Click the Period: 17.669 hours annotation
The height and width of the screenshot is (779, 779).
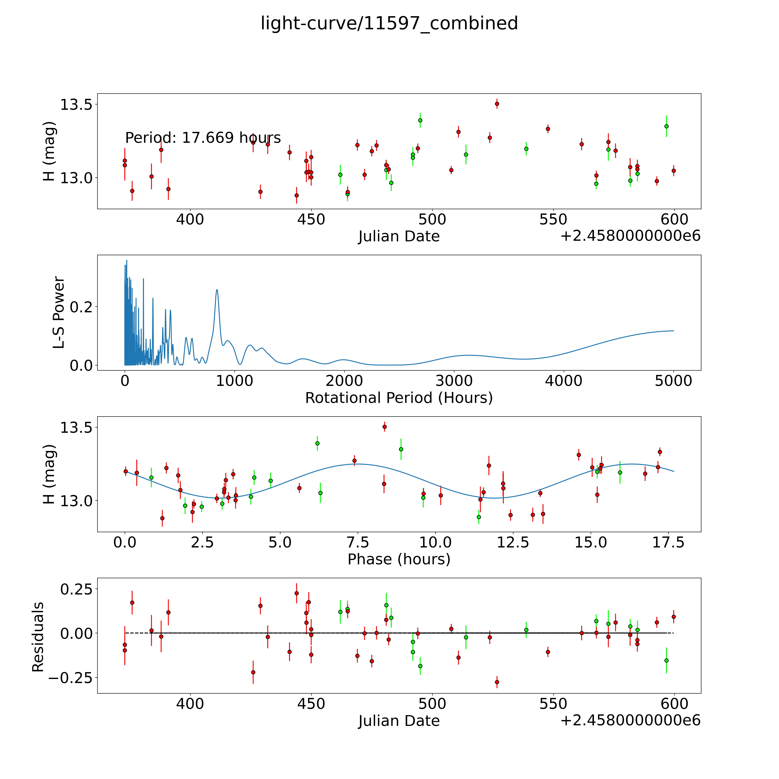pyautogui.click(x=203, y=138)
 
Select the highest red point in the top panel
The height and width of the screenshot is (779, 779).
pyautogui.click(x=497, y=104)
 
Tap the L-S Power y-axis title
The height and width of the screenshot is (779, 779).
pyautogui.click(x=59, y=312)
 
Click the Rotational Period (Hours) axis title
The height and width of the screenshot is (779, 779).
pyautogui.click(x=399, y=398)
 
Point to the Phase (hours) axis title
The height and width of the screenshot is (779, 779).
pyautogui.click(x=399, y=559)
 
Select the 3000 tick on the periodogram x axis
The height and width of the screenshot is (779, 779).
pyautogui.click(x=454, y=381)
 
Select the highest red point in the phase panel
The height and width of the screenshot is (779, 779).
pyautogui.click(x=384, y=427)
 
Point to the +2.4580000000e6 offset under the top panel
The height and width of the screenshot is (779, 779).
pyautogui.click(x=630, y=236)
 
